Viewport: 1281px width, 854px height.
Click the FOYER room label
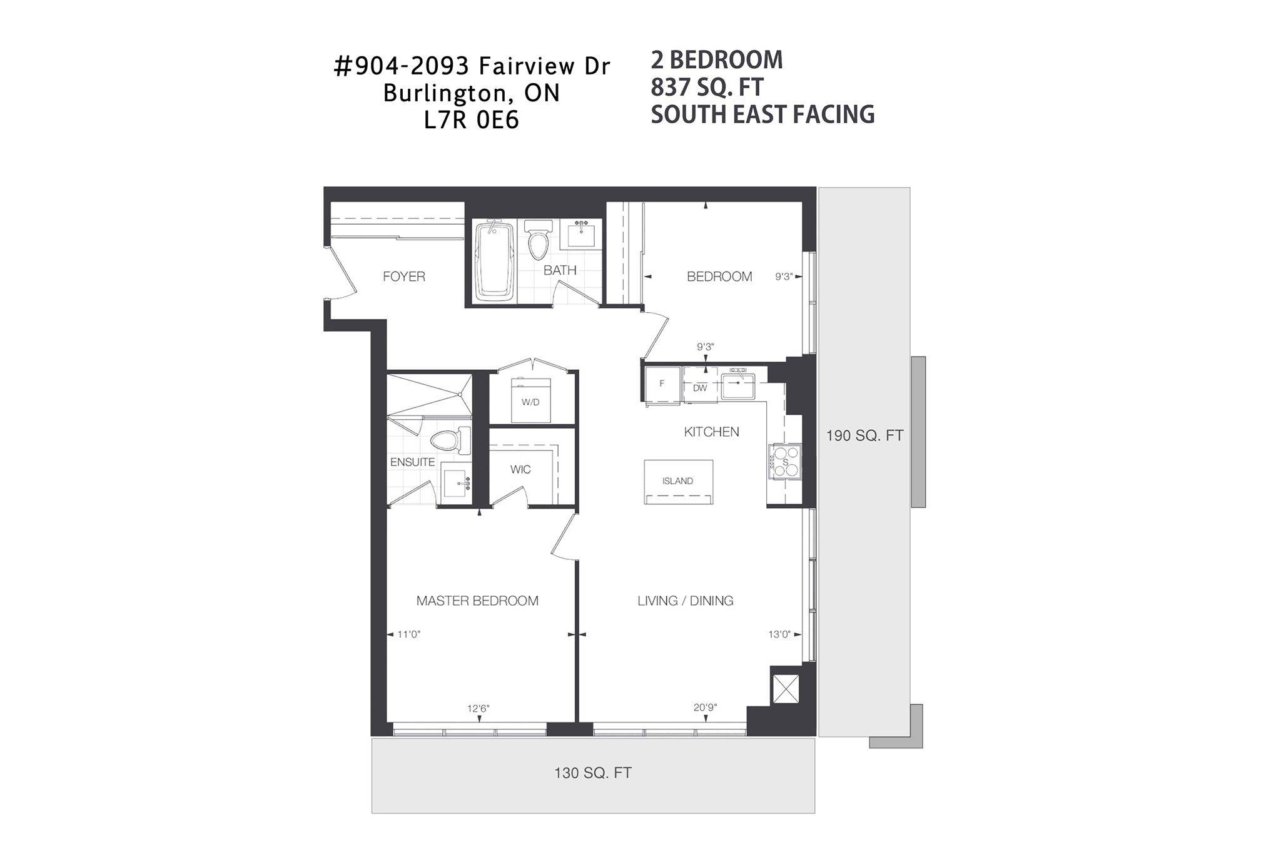(x=404, y=277)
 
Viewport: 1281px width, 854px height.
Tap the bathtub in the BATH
(x=495, y=262)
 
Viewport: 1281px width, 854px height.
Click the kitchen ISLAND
(x=679, y=482)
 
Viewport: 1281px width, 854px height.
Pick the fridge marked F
(x=662, y=384)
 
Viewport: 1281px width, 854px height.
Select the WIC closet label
(x=520, y=469)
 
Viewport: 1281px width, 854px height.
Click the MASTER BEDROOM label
(x=477, y=601)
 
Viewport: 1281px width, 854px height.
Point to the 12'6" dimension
(x=478, y=709)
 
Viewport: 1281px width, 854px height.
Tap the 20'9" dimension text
(x=705, y=708)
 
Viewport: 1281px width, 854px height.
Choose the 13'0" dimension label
(x=779, y=634)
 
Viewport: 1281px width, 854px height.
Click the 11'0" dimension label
(x=409, y=634)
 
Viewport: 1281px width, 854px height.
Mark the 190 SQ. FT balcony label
(x=865, y=435)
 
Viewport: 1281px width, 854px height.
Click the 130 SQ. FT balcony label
(x=593, y=773)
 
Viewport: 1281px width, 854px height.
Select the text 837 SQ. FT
(x=707, y=88)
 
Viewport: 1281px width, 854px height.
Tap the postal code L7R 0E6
(x=472, y=120)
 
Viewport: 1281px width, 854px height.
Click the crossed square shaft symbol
(x=786, y=689)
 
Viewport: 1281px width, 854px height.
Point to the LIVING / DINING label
(x=686, y=601)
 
